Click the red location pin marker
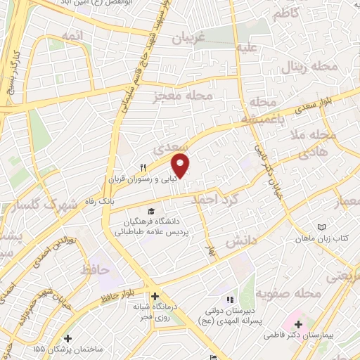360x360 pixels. tap(181, 165)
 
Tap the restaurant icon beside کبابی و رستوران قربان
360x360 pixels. tap(143, 167)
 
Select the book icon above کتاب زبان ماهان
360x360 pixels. tap(322, 227)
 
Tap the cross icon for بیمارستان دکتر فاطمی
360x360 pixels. tap(300, 325)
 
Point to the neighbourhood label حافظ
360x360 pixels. tap(94, 269)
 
